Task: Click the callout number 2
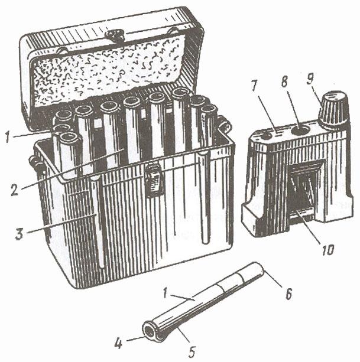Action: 15,190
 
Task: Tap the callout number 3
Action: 20,233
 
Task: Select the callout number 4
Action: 118,344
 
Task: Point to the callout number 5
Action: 192,351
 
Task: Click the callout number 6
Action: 288,293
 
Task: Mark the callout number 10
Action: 327,249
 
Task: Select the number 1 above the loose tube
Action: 166,293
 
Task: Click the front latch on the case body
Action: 153,180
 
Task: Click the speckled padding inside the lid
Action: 105,71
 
